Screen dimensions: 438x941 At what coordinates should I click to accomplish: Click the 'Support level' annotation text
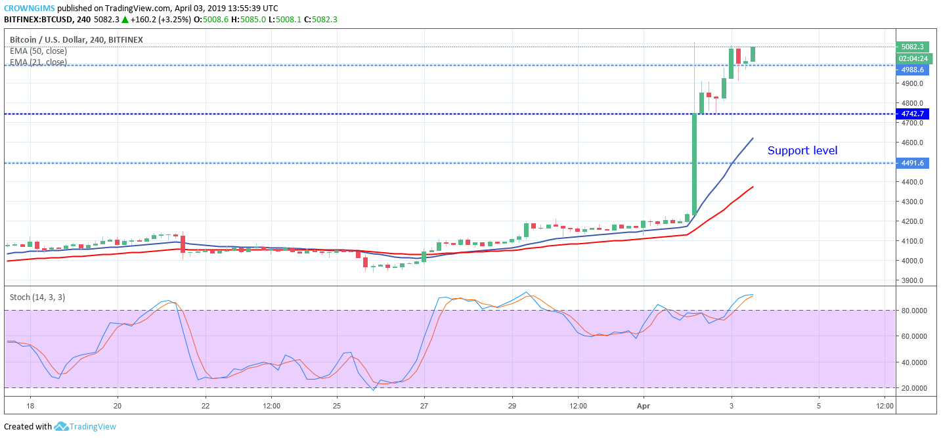coord(802,150)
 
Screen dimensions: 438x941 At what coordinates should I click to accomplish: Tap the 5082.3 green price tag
coord(912,47)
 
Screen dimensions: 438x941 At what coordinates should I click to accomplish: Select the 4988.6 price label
coord(912,70)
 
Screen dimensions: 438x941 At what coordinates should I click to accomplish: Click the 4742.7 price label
coord(912,114)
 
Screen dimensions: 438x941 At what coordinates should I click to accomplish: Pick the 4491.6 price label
coord(912,163)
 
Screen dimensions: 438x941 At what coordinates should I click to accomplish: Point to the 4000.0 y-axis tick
coord(912,261)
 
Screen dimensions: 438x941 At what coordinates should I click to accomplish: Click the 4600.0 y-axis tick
coord(912,142)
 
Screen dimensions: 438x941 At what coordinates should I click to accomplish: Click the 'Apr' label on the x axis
coord(644,406)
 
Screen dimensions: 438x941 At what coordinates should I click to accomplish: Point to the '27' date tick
coord(424,406)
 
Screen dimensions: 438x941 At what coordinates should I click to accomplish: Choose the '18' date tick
coord(30,406)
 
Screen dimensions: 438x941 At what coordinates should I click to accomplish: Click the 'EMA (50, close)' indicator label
coord(38,51)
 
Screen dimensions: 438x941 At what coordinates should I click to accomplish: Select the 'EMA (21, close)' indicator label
coord(38,62)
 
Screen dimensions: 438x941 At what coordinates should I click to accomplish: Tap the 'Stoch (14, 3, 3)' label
coord(37,297)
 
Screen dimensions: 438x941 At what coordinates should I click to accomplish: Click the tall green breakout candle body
coord(694,164)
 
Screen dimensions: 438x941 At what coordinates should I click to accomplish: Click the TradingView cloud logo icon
coord(61,426)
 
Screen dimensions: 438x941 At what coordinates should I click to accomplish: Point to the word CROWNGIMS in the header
coord(29,9)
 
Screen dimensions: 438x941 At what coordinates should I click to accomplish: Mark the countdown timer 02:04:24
coord(913,58)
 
